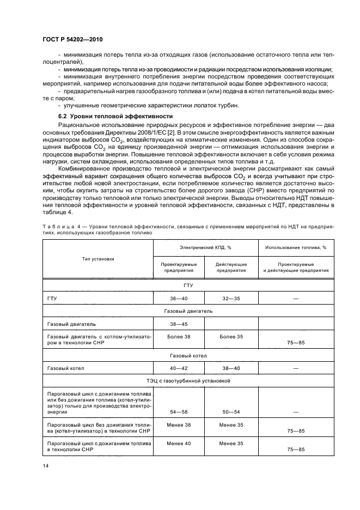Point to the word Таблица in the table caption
pyautogui.click(x=56, y=225)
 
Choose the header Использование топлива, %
pyautogui.click(x=295, y=247)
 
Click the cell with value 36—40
pyautogui.click(x=179, y=299)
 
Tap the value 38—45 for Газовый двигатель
pyautogui.click(x=179, y=324)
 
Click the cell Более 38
pyautogui.click(x=179, y=337)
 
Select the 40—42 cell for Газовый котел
pyautogui.click(x=179, y=368)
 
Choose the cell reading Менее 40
pyautogui.click(x=179, y=444)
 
